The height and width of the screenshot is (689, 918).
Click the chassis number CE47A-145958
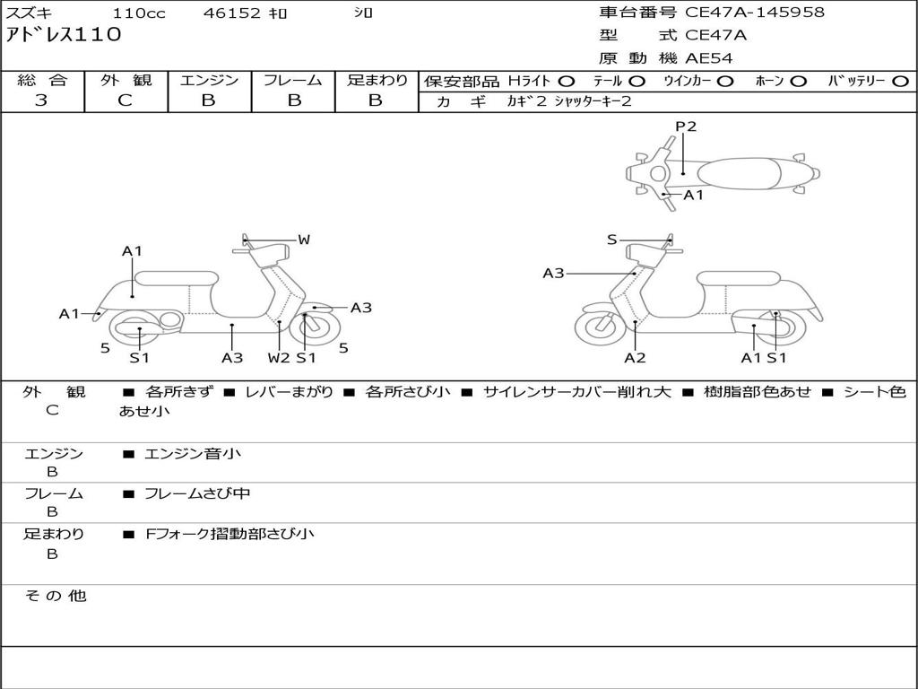click(x=754, y=13)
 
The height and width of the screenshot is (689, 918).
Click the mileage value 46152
click(x=231, y=13)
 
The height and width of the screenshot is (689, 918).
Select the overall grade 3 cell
click(x=41, y=100)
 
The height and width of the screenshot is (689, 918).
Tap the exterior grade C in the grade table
click(x=126, y=100)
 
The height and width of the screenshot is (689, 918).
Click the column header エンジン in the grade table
click(x=209, y=80)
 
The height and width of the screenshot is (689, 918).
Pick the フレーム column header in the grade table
click(x=292, y=80)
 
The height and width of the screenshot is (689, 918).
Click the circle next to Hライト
click(x=567, y=82)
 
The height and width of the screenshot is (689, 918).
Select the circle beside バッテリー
click(x=901, y=82)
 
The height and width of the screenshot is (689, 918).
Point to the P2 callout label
click(x=686, y=126)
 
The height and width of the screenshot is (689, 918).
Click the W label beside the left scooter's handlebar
click(x=304, y=240)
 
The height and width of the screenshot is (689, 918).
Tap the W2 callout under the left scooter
click(x=279, y=358)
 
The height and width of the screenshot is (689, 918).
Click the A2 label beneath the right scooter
click(x=635, y=358)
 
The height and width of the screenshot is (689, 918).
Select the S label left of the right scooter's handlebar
click(x=611, y=240)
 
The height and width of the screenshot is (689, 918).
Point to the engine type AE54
click(x=709, y=58)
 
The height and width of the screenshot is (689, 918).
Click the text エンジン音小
click(x=192, y=454)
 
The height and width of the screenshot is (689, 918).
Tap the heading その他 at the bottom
click(x=55, y=596)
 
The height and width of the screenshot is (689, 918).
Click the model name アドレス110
click(x=63, y=35)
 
